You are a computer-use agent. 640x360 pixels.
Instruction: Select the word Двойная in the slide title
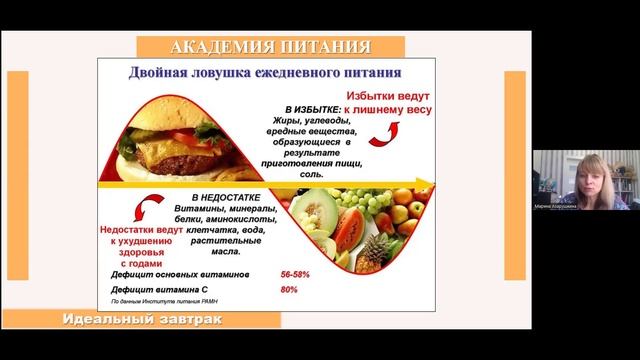pos(163,73)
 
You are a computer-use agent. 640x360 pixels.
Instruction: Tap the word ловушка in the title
pos(234,73)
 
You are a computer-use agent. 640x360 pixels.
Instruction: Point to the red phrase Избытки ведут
pos(388,93)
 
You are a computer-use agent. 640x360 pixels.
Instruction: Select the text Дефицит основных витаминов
pos(182,273)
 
